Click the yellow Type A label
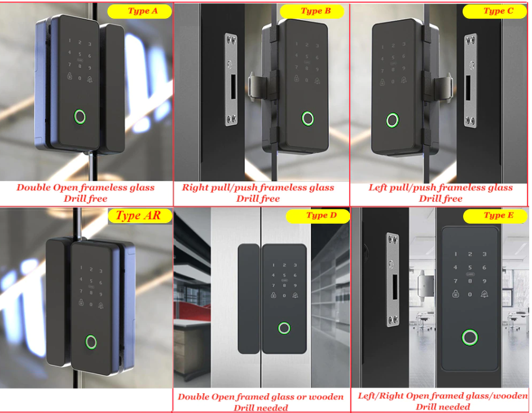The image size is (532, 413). [x=139, y=11]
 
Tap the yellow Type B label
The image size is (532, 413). [x=312, y=11]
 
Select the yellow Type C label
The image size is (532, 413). [x=495, y=11]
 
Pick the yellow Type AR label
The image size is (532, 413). [x=140, y=216]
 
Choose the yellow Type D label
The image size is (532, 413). [x=318, y=216]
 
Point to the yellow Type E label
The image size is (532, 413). [x=495, y=216]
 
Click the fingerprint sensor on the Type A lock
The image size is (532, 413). [x=80, y=116]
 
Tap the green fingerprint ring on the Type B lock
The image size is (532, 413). [x=307, y=119]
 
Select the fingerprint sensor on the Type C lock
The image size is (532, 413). [x=393, y=120]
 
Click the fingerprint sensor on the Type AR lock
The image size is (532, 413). [x=91, y=342]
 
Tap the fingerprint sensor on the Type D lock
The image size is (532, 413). [x=284, y=328]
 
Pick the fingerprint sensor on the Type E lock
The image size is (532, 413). [x=470, y=337]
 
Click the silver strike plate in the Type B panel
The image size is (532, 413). [x=231, y=80]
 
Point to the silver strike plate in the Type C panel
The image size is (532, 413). [x=471, y=81]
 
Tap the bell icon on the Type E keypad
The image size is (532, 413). [x=485, y=294]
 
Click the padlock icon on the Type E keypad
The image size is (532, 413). [x=456, y=294]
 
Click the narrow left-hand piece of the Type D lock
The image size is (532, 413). [x=249, y=299]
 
